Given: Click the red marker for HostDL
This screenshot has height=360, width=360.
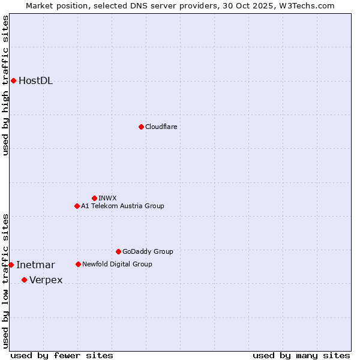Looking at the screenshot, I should pyautogui.click(x=13, y=80).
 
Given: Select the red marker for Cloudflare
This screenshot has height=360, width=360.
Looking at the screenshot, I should pyautogui.click(x=141, y=127).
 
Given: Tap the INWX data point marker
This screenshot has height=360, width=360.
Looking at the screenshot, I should pyautogui.click(x=94, y=198).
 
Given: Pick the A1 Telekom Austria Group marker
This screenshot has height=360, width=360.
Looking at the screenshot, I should pyautogui.click(x=77, y=206).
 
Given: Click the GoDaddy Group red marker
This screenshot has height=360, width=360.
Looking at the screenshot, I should pyautogui.click(x=118, y=251).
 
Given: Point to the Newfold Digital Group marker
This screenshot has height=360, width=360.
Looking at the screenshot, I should pyautogui.click(x=78, y=264).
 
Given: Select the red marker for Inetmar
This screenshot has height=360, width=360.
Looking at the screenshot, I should pyautogui.click(x=11, y=265).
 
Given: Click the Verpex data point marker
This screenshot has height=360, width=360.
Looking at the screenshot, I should pyautogui.click(x=24, y=280).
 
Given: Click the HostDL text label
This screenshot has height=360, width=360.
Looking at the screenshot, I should pyautogui.click(x=36, y=81).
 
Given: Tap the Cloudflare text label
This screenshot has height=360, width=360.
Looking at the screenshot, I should pyautogui.click(x=161, y=127).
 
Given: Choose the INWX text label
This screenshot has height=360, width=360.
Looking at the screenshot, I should pyautogui.click(x=107, y=198).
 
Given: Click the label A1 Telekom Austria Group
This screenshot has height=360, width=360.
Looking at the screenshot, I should pyautogui.click(x=122, y=206).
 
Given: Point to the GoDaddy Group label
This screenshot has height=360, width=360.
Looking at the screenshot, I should pyautogui.click(x=148, y=251).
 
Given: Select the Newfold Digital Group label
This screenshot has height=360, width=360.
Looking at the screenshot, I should pyautogui.click(x=117, y=264).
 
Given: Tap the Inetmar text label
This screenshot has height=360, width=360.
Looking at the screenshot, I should pyautogui.click(x=35, y=265).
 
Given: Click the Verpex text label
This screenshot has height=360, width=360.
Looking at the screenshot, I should pyautogui.click(x=46, y=280).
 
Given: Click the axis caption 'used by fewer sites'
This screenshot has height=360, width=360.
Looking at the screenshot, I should pyautogui.click(x=62, y=355).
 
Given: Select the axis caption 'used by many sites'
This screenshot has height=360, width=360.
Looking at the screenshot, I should pyautogui.click(x=301, y=355).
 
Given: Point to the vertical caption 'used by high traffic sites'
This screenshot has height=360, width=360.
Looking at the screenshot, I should pyautogui.click(x=5, y=85).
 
